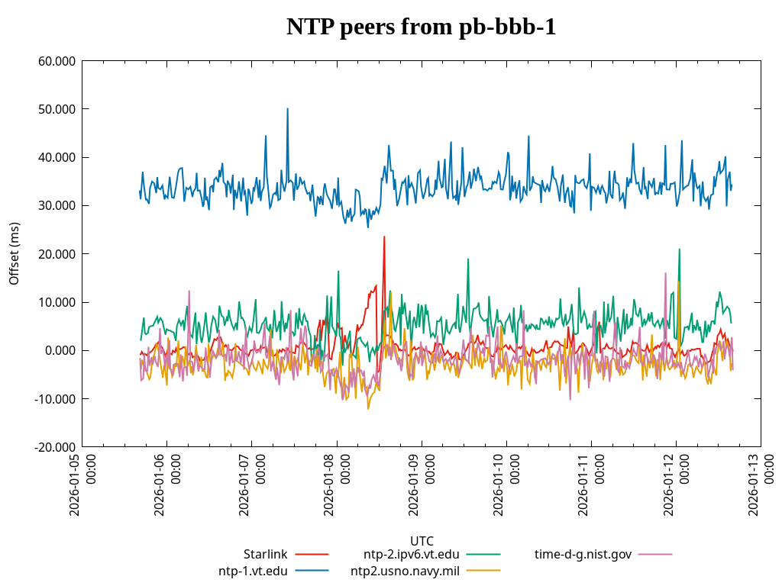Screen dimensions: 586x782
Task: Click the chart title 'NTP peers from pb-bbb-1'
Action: coord(421,27)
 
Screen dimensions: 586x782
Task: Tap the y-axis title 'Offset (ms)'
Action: coord(15,253)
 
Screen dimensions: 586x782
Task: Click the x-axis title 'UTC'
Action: coord(421,541)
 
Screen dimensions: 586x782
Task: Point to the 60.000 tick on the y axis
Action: coord(57,61)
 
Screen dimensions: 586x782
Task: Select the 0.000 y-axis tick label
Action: coord(60,350)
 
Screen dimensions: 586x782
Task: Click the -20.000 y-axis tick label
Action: coord(56,447)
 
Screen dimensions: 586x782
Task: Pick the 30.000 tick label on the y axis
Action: coord(57,205)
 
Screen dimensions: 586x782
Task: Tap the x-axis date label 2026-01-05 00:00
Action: coord(82,484)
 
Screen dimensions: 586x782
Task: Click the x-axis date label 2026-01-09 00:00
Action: coord(422,484)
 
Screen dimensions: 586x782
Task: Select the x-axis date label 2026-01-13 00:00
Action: coord(761,484)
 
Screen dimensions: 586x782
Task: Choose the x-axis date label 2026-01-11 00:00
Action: coord(591,484)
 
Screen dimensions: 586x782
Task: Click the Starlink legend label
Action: coord(265,554)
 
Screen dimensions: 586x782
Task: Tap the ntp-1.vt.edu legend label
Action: coord(253,571)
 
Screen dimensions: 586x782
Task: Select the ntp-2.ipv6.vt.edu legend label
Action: coord(411,554)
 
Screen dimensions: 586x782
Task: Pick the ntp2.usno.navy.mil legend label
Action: coord(405,571)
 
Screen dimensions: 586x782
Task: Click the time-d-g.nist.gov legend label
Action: coord(583,554)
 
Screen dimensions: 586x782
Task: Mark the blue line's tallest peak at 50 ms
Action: coord(287,109)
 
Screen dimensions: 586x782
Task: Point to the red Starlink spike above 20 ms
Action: coord(384,237)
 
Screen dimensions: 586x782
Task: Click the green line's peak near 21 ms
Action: coord(679,250)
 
